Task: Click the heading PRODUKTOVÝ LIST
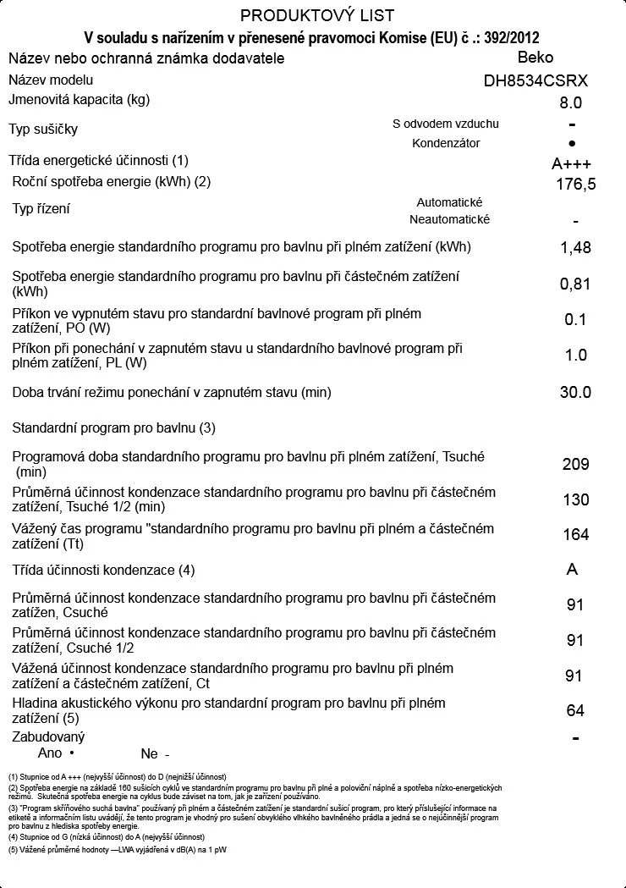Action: [x=317, y=16]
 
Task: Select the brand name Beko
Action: [x=535, y=58]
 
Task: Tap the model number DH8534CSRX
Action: [x=541, y=82]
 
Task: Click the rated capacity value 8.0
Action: [x=571, y=104]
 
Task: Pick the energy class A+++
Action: [x=572, y=164]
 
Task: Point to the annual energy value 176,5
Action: [x=576, y=185]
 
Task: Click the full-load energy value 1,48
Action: [x=575, y=248]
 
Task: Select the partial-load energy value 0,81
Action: [x=575, y=284]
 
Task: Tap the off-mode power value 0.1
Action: [x=575, y=319]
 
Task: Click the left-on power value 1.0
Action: [x=576, y=356]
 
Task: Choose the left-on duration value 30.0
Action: [x=576, y=393]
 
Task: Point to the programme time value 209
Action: [x=576, y=465]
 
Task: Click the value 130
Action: [x=576, y=500]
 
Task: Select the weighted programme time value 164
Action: [x=576, y=535]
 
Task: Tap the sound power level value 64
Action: [x=575, y=711]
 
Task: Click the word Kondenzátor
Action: [x=446, y=143]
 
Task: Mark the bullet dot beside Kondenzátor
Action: [x=573, y=144]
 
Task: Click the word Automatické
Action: [x=449, y=203]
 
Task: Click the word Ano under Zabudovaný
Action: [x=51, y=753]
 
